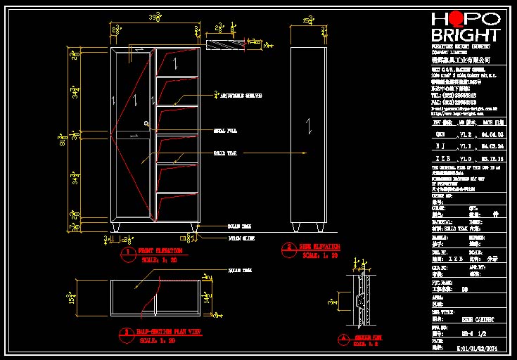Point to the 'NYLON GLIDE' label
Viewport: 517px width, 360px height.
click(x=241, y=238)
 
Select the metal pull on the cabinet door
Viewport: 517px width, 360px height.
click(x=147, y=124)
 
